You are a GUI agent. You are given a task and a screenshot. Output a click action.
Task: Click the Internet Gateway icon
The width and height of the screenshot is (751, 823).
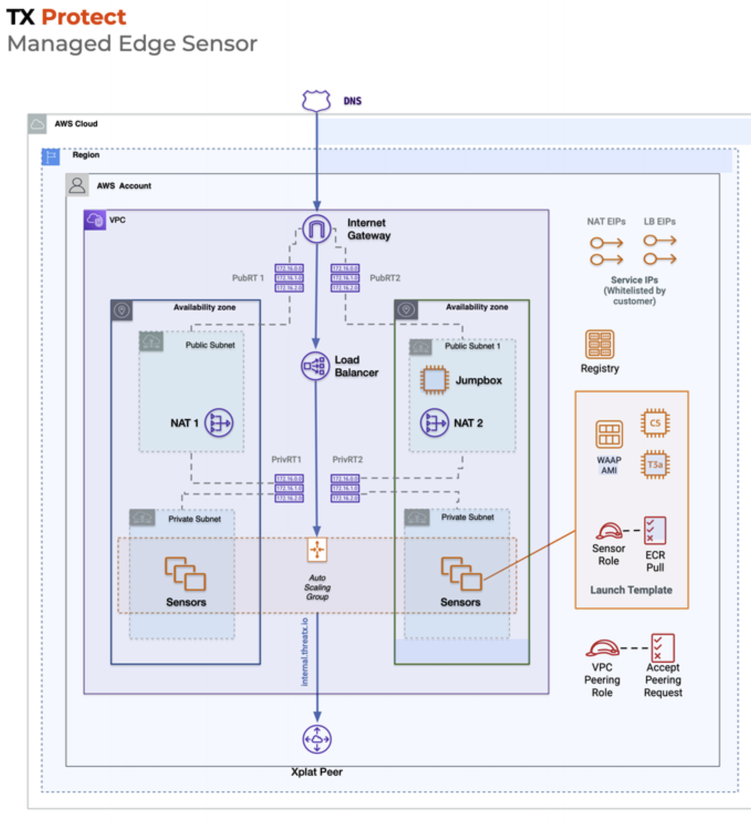pyautogui.click(x=317, y=230)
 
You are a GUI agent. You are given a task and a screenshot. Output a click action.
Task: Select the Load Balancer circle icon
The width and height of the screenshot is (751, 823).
pyautogui.click(x=315, y=366)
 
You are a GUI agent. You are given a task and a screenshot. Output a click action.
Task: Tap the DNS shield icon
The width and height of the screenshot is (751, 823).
pyautogui.click(x=316, y=100)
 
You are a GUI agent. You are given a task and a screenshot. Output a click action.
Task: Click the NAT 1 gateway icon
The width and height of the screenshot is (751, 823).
pyautogui.click(x=219, y=423)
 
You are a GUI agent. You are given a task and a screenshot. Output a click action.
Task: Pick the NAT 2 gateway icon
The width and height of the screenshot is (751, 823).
pyautogui.click(x=434, y=423)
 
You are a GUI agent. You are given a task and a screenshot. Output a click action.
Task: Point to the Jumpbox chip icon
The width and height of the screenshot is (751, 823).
pyautogui.click(x=434, y=380)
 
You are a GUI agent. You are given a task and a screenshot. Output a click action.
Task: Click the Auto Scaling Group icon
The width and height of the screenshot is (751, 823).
pyautogui.click(x=317, y=550)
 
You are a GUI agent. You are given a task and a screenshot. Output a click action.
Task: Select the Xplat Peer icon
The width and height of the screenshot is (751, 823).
pyautogui.click(x=317, y=739)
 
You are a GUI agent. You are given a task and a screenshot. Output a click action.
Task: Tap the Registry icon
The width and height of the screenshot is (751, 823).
pyautogui.click(x=600, y=344)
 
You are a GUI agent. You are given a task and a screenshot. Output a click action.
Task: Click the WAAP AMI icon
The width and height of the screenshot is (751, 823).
pyautogui.click(x=609, y=434)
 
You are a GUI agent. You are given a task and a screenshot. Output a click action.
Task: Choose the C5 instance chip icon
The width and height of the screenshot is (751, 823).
pyautogui.click(x=655, y=423)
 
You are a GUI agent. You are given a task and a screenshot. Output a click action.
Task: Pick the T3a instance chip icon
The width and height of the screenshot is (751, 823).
pyautogui.click(x=655, y=464)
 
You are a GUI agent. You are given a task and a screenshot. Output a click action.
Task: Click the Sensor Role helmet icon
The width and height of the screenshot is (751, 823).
pyautogui.click(x=609, y=531)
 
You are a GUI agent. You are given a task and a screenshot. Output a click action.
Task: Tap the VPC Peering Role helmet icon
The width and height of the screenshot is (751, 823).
pyautogui.click(x=602, y=648)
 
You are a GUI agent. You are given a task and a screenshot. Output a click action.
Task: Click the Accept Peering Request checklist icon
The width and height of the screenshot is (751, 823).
pyautogui.click(x=663, y=648)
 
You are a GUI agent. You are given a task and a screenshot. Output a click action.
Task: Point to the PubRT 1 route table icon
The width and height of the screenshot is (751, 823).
pyautogui.click(x=289, y=278)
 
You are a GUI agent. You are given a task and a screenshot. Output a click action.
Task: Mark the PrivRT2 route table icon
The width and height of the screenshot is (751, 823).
pyautogui.click(x=345, y=488)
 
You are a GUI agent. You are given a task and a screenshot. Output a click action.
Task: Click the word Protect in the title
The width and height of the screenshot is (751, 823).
pyautogui.click(x=84, y=17)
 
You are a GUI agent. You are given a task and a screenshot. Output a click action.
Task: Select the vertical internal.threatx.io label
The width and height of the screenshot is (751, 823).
pyautogui.click(x=305, y=652)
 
